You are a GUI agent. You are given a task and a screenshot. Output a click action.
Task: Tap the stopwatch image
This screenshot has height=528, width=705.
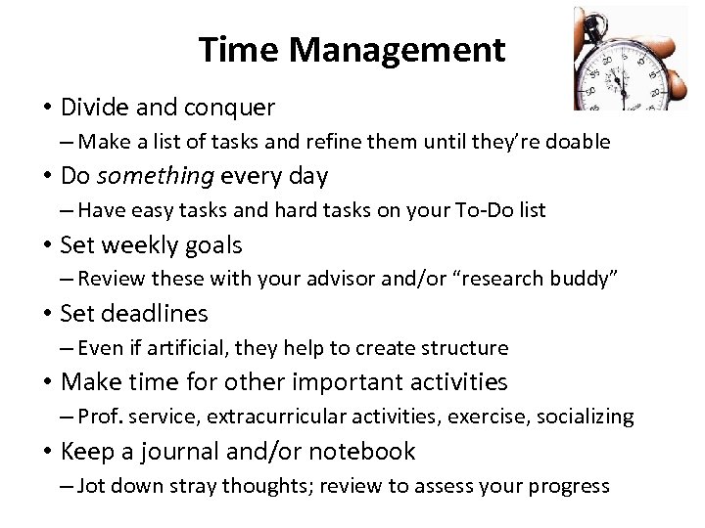627,59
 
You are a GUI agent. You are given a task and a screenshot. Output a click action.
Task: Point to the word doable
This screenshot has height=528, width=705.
579,142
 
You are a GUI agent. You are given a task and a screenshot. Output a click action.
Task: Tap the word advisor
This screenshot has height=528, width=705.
354,279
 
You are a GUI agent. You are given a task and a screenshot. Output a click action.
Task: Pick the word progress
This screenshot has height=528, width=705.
572,487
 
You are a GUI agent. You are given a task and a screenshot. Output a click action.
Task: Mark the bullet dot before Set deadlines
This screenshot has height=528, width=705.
47,314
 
